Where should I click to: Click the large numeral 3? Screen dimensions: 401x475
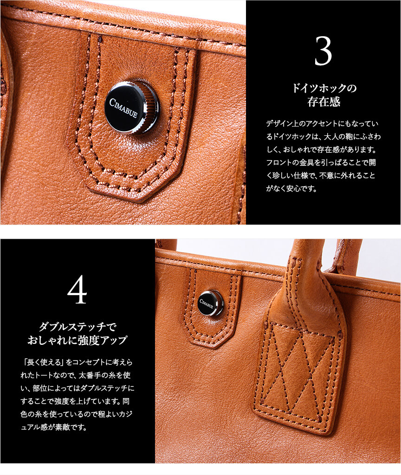click(323, 51)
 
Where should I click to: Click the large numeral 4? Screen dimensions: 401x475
click(77, 290)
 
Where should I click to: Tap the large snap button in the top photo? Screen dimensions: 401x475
click(131, 108)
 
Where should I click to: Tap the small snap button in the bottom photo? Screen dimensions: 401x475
click(210, 304)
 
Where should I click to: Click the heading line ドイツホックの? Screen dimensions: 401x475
click(323, 88)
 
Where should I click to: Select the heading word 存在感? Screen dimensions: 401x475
click(323, 102)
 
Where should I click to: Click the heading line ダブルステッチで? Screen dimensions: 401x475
click(78, 327)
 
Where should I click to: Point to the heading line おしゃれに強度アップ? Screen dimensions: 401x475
click(78, 340)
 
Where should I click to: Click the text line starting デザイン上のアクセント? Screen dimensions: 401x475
click(322, 124)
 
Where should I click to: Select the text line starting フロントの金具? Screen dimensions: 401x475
click(321, 163)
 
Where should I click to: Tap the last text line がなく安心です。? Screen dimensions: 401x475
click(291, 189)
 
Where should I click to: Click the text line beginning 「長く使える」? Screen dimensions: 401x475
click(77, 362)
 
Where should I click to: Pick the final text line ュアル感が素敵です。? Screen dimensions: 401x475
click(54, 427)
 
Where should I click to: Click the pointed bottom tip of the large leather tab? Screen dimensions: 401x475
click(140, 201)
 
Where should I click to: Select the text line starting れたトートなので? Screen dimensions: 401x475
click(76, 375)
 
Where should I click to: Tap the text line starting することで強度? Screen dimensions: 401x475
click(75, 401)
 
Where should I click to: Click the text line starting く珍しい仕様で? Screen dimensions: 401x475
click(321, 176)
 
